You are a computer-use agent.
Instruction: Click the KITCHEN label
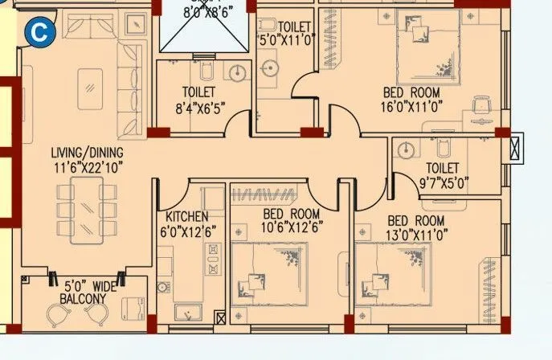[x=187, y=217]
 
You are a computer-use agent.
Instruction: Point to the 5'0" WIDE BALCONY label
[x=83, y=292]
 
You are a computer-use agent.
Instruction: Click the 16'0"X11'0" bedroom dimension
[x=413, y=104]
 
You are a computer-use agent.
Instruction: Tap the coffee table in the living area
[x=89, y=82]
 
